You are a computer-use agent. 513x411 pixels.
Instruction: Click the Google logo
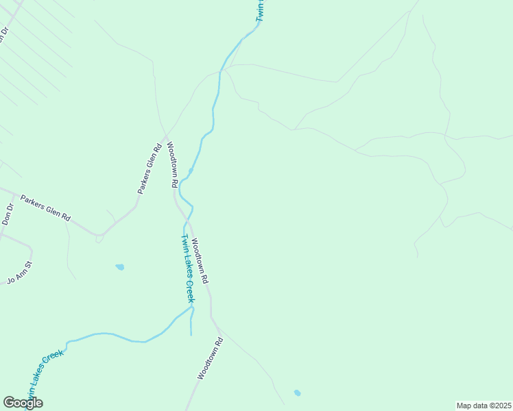(23, 403)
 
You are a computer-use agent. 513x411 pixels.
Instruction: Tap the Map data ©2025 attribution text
(484, 406)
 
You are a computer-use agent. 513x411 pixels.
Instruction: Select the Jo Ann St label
(20, 272)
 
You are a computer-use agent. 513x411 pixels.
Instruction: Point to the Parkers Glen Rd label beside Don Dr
(45, 208)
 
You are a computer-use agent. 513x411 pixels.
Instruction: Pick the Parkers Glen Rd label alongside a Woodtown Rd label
(149, 169)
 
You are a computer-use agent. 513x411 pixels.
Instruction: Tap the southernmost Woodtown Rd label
(211, 358)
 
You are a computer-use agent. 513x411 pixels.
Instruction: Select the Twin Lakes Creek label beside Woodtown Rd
(187, 268)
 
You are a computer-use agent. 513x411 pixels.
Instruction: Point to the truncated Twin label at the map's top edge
(261, 11)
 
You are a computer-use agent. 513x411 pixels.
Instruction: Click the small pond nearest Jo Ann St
(120, 266)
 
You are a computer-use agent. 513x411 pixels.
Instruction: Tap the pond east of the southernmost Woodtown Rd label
(297, 393)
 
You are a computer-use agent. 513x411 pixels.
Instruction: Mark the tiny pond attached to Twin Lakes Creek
(191, 171)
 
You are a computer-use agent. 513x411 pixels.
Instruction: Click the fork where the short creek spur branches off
(192, 310)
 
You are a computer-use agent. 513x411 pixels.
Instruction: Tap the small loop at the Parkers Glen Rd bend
(99, 238)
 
